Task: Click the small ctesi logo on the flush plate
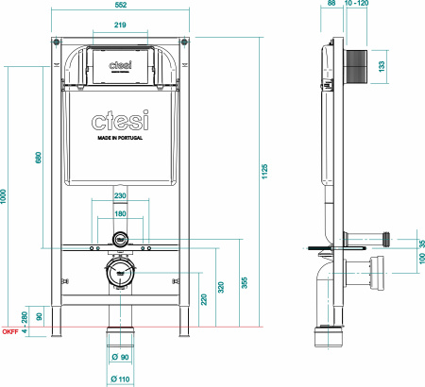point(120,64)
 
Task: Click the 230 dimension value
point(120,195)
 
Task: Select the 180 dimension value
point(120,213)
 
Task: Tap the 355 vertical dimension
point(245,282)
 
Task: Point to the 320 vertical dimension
point(222,288)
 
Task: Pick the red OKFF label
point(9,332)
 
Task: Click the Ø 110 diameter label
point(119,379)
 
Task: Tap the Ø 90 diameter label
point(120,357)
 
